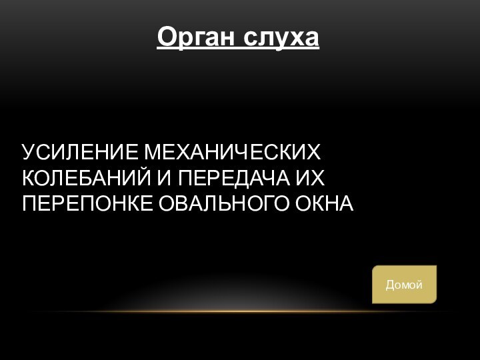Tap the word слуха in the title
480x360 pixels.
coord(281,37)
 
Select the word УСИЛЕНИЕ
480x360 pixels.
coord(82,153)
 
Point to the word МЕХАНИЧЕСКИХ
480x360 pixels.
coord(233,153)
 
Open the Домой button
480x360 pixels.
coord(404,285)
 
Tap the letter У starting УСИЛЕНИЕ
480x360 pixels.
coord(29,153)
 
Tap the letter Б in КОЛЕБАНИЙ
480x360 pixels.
coord(95,178)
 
